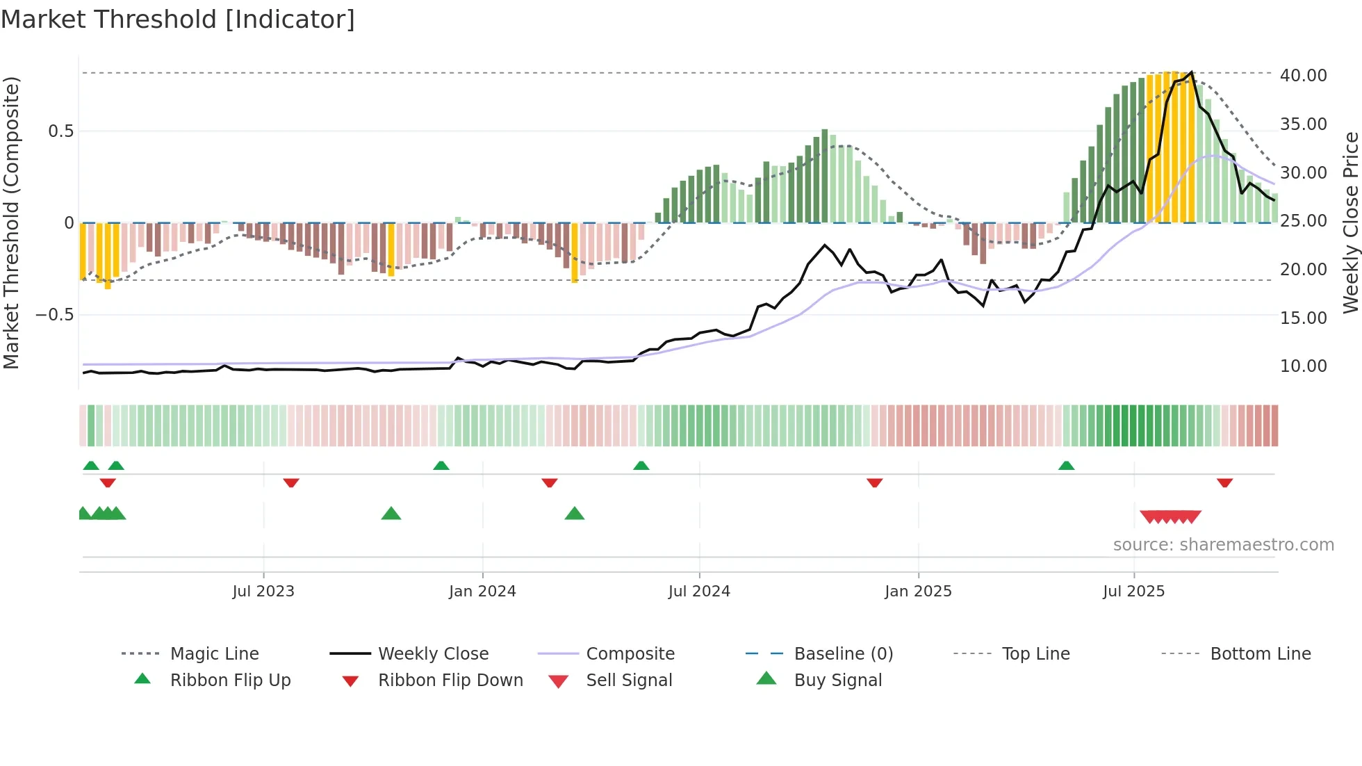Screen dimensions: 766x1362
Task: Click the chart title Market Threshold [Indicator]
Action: tap(178, 19)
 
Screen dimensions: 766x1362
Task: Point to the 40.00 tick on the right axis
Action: tap(1303, 75)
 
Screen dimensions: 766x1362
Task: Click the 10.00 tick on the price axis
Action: tap(1303, 366)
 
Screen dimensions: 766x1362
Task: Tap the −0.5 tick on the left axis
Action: tap(55, 315)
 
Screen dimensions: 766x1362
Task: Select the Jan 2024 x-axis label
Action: tap(482, 592)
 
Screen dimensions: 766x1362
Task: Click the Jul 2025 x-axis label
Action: tap(1133, 592)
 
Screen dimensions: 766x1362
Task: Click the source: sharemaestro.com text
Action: tap(1223, 545)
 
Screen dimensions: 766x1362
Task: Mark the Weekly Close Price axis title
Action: tap(1350, 222)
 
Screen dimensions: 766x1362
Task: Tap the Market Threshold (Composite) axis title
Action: tap(11, 222)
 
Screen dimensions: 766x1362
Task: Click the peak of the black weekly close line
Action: tap(1192, 72)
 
